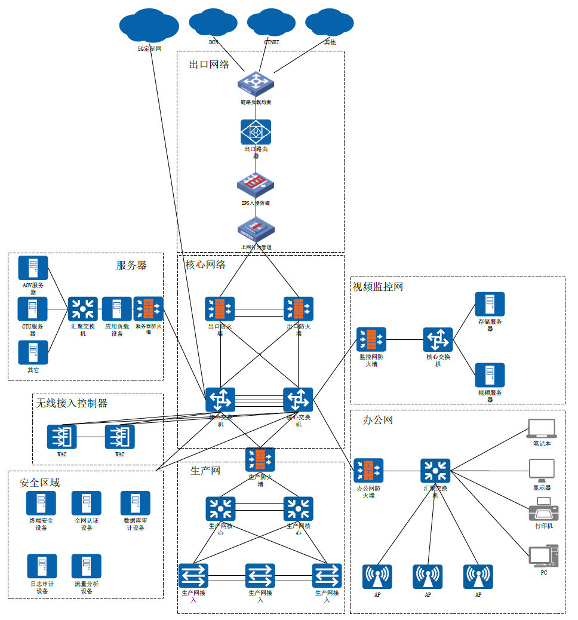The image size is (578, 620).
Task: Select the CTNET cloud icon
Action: point(272,23)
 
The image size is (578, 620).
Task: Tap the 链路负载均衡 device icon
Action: point(256,83)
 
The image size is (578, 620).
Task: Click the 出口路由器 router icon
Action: point(256,131)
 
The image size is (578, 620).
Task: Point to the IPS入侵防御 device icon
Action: point(256,184)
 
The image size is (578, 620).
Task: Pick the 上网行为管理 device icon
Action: point(256,229)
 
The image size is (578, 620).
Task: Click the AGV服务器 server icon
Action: point(33,268)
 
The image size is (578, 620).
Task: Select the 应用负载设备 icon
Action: point(117,309)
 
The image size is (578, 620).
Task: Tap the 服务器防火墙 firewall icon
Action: point(148,309)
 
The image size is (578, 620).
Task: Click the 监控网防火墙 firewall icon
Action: point(371,339)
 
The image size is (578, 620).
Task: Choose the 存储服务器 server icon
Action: point(490,304)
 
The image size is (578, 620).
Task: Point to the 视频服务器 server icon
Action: point(490,375)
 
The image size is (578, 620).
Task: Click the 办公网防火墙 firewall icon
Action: point(368,470)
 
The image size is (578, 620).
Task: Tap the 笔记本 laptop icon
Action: point(542,428)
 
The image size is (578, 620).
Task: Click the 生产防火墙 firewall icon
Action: point(260,459)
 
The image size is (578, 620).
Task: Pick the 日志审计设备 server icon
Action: point(42,566)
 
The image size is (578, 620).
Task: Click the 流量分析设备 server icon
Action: point(87,566)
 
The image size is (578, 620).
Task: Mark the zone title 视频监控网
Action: point(378,287)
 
